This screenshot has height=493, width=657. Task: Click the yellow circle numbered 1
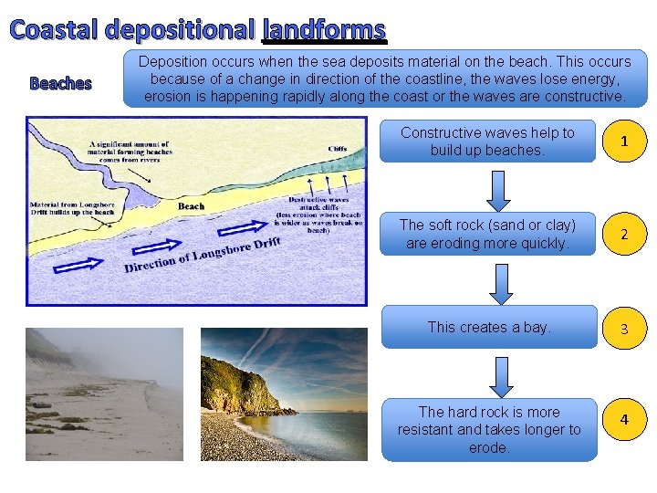point(624,142)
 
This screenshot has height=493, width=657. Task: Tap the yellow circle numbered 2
point(624,235)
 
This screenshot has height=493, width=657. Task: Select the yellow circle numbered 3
point(624,328)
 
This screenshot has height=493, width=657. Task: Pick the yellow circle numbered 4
point(624,419)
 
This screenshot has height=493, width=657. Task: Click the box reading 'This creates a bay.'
point(488,328)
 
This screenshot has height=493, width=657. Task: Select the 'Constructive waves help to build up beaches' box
point(487,142)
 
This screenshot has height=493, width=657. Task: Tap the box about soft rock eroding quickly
point(487,235)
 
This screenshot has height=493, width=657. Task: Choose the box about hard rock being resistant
point(488,429)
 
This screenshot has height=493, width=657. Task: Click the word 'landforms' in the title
point(324,30)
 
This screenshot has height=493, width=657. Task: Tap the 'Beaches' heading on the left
point(61,84)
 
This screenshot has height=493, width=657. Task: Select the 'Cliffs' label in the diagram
point(337,149)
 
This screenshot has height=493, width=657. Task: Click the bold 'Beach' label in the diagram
point(192,206)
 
